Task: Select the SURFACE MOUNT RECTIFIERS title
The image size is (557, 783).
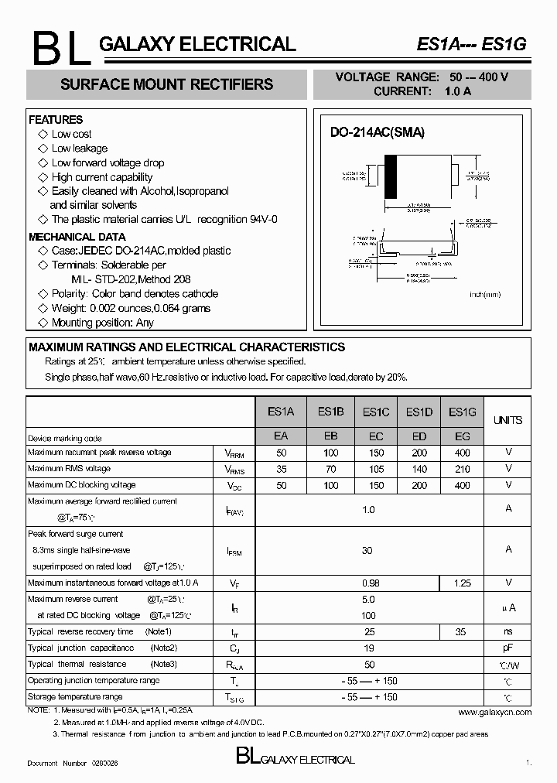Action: coord(166,84)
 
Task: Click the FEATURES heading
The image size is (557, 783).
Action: coord(56,120)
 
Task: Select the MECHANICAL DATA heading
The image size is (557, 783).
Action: coord(77,237)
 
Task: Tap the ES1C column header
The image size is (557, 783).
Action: coord(375,412)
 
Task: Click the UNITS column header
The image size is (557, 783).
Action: coord(507,420)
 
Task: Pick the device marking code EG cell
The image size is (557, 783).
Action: coord(462,436)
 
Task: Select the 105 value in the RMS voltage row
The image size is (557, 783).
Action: coord(375,469)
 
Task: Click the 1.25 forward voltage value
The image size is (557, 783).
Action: coord(462,583)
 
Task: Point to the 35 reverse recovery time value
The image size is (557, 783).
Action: coord(462,632)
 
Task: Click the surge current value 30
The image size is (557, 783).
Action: coord(367,551)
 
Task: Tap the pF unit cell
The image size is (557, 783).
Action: coord(508,648)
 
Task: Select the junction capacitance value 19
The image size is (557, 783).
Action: coord(368,648)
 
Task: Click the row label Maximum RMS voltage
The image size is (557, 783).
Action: coord(69,469)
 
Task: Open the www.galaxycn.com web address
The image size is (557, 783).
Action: coord(495,712)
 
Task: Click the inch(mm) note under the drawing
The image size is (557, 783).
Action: coord(485,295)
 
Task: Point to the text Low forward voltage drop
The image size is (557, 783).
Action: coord(108,162)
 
